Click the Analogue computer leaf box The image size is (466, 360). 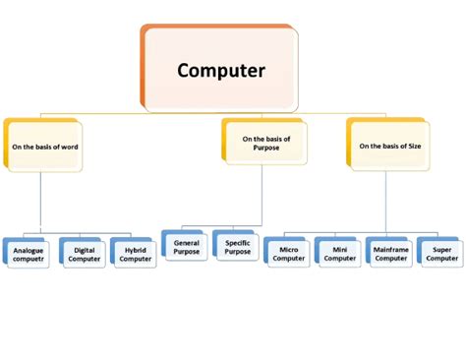(x=29, y=254)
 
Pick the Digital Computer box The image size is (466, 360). (x=83, y=254)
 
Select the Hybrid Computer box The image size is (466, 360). (x=135, y=254)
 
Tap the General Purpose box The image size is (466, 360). (x=187, y=246)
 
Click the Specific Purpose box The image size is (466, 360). (x=237, y=246)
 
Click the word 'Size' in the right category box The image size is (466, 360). (x=414, y=146)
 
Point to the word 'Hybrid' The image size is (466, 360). (x=135, y=250)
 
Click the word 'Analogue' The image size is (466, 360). (x=29, y=250)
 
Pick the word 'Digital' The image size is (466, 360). (x=84, y=250)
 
